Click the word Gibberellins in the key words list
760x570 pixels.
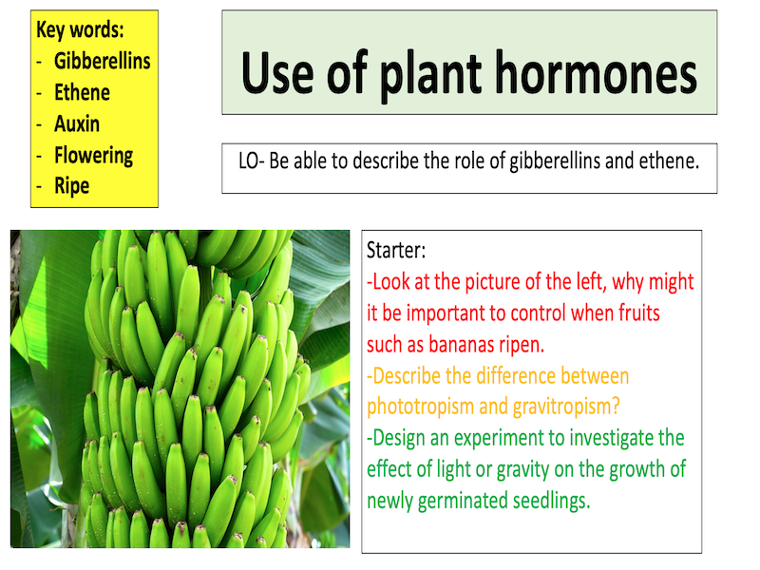(x=102, y=61)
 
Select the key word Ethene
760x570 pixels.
(x=82, y=92)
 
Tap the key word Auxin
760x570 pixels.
(x=77, y=123)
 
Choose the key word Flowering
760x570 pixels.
(x=93, y=155)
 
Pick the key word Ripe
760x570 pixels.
(x=71, y=186)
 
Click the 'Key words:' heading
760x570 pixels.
(x=81, y=29)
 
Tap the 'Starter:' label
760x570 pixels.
(x=397, y=251)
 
